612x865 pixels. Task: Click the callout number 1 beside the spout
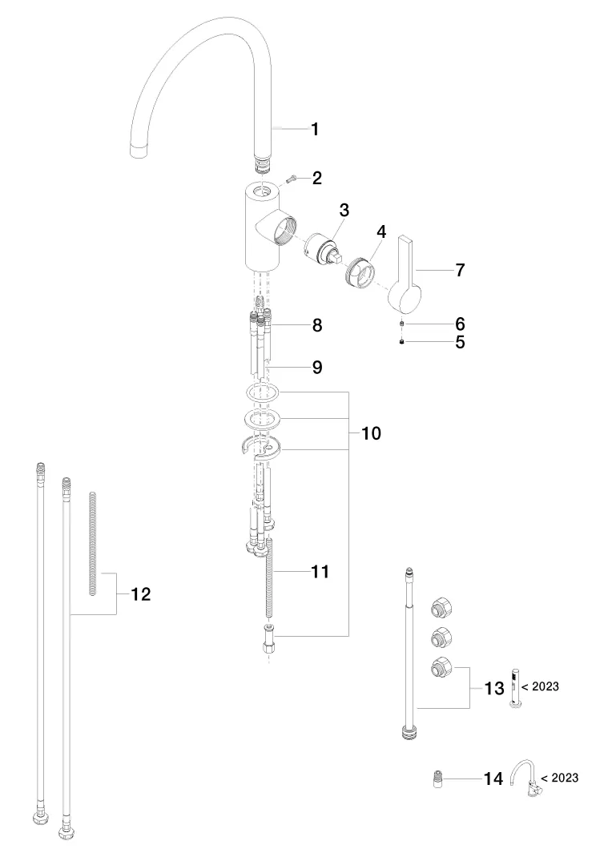point(316,129)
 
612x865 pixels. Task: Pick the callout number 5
point(460,342)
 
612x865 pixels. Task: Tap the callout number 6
point(460,324)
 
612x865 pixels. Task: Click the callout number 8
point(317,325)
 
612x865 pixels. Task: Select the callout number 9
point(317,367)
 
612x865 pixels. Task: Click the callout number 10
point(371,433)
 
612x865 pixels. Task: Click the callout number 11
point(320,572)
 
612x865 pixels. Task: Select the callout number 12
point(139,594)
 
